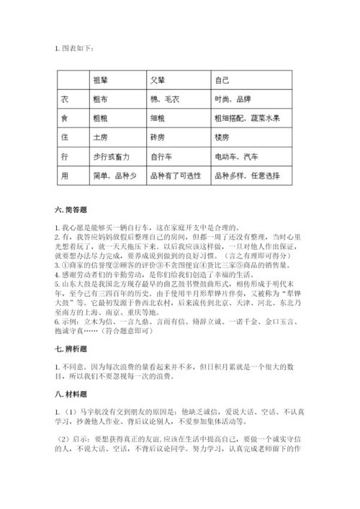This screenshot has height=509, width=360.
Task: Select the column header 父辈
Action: click(x=157, y=78)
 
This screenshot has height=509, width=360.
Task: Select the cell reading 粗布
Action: click(x=102, y=98)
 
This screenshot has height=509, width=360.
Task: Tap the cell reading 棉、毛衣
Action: click(x=163, y=98)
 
